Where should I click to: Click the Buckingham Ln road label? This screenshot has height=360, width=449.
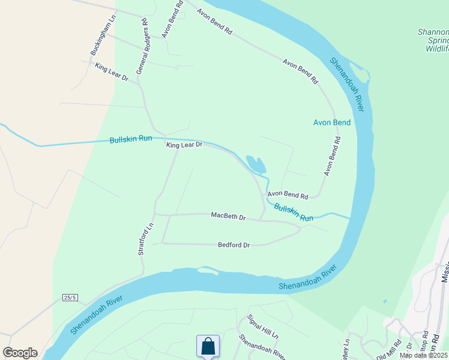(102, 41)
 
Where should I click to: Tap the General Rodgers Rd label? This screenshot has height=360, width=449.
(142, 46)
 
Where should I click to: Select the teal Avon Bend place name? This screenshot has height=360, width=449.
(332, 122)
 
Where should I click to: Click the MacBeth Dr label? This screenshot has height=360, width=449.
(229, 216)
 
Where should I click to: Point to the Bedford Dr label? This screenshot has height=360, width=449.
(234, 245)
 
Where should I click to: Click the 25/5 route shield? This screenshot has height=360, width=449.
(70, 298)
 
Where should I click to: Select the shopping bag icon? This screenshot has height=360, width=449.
(208, 346)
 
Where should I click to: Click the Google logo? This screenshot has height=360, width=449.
(20, 353)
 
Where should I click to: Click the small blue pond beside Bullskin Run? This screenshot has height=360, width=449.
(256, 164)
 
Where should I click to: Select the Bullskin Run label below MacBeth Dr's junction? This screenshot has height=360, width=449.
(294, 212)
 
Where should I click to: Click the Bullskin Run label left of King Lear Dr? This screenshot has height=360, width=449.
(131, 139)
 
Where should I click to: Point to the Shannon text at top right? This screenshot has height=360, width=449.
(433, 32)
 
